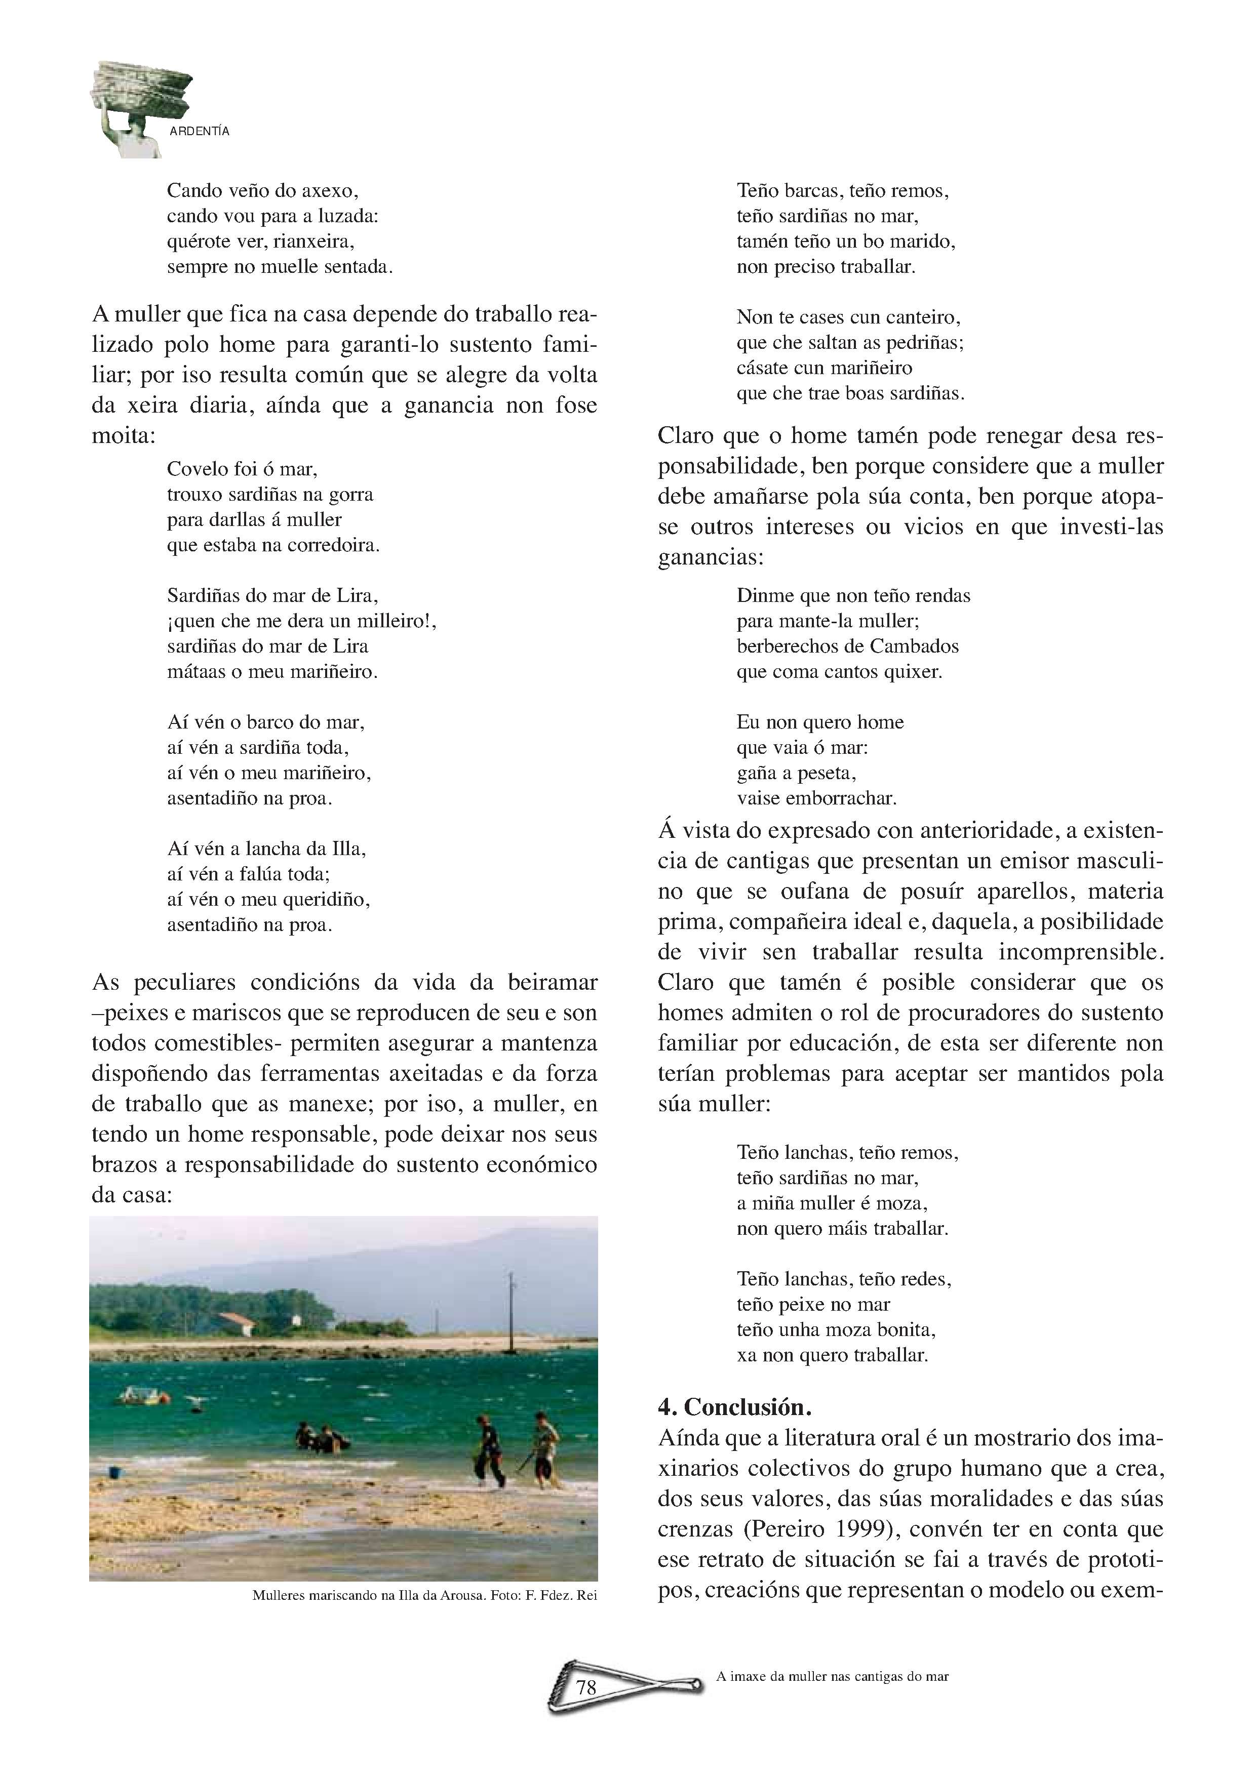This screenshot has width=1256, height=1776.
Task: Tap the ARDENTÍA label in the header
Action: click(200, 132)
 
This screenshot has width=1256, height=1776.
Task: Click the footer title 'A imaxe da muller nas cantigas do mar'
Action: click(832, 1676)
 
